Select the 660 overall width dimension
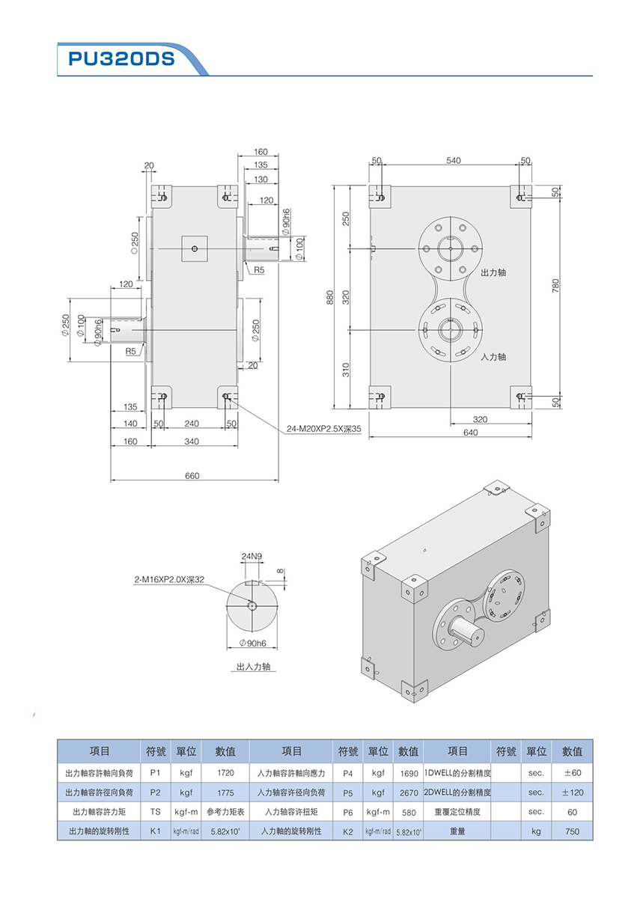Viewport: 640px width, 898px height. click(193, 476)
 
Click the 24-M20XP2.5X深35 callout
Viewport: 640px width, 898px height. click(324, 430)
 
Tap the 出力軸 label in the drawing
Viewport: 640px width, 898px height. click(493, 272)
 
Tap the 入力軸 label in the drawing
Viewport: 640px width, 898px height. click(493, 357)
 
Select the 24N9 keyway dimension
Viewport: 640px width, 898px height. click(252, 557)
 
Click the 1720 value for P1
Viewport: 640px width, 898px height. click(226, 772)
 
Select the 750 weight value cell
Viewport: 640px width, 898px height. click(572, 831)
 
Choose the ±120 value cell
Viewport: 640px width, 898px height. click(572, 792)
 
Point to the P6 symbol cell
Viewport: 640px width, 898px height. click(347, 812)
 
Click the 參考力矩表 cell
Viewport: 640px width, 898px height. click(226, 812)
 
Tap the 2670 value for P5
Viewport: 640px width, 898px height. click(409, 792)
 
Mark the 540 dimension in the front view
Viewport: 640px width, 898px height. click(454, 160)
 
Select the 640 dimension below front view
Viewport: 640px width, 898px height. click(470, 433)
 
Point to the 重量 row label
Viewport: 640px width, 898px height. click(457, 831)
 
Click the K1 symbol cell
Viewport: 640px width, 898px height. click(155, 831)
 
